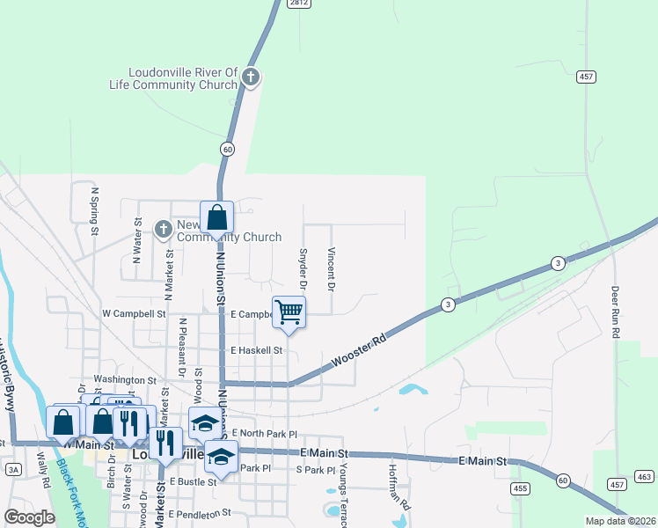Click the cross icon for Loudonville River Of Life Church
click(251, 77)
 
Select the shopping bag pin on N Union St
click(216, 219)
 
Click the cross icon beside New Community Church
click(163, 230)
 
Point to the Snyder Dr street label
click(303, 268)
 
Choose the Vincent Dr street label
click(332, 268)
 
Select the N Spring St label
click(93, 209)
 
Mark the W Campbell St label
click(134, 313)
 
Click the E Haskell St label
click(256, 350)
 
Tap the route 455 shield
click(520, 487)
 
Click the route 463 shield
click(644, 478)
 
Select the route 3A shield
click(12, 469)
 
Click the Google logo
click(29, 517)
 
